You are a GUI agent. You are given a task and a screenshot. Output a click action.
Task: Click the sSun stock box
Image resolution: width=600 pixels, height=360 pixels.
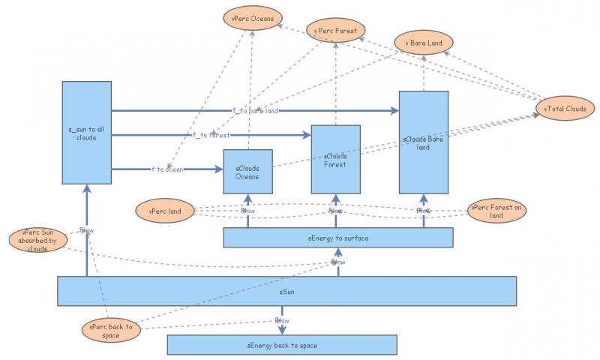click(287, 291)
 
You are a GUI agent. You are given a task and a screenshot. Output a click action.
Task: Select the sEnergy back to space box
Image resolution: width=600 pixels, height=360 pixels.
click(281, 345)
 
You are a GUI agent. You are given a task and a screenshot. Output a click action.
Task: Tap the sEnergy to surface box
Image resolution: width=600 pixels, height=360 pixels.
click(338, 238)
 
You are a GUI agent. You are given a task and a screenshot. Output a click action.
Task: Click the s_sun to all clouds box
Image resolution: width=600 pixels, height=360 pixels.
click(86, 133)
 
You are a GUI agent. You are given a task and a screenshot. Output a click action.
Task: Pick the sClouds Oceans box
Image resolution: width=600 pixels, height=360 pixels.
click(247, 172)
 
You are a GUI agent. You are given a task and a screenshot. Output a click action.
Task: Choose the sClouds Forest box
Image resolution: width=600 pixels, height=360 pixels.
click(335, 160)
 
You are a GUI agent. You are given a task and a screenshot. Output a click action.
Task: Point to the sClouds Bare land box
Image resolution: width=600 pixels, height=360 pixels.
click(423, 142)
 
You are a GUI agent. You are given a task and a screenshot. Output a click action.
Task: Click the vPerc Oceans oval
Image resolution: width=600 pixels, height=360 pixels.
click(252, 18)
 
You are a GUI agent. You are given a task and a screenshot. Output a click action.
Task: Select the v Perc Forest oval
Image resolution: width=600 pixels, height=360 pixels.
click(336, 31)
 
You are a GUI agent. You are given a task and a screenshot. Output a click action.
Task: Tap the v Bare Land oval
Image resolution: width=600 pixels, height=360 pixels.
click(423, 43)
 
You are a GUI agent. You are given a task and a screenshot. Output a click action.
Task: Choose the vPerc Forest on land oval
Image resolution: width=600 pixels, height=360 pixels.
click(496, 211)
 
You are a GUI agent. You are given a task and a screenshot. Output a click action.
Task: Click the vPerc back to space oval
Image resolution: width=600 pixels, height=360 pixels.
click(111, 331)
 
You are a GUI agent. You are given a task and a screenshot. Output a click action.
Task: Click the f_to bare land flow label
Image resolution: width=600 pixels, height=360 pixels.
click(255, 111)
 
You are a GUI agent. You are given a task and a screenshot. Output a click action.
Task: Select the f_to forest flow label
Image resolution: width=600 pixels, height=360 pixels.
click(211, 135)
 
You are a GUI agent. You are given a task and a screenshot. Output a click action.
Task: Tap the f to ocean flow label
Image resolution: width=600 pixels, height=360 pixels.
click(167, 169)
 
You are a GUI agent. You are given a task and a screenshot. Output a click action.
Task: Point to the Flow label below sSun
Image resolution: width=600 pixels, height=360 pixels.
click(282, 320)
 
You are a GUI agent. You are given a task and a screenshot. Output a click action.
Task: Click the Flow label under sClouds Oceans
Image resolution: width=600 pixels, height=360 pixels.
click(247, 211)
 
